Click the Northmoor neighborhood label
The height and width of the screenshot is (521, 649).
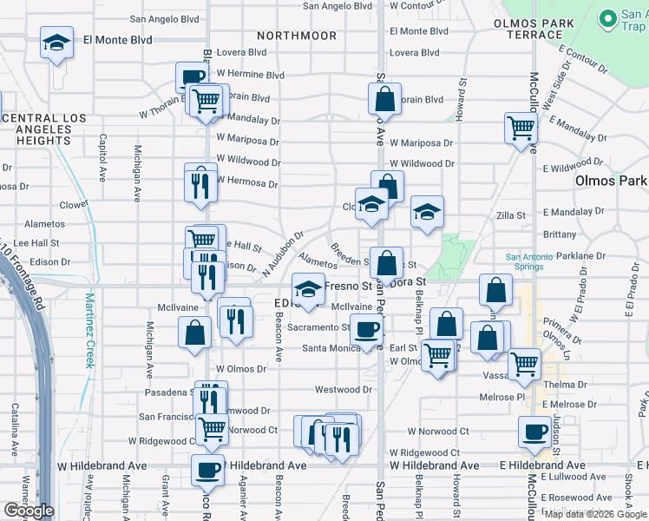tap(297, 36)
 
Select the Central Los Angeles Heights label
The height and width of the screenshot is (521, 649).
tap(36, 129)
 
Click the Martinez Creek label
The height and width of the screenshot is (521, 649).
tap(89, 330)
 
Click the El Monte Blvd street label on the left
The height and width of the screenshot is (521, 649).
tap(117, 40)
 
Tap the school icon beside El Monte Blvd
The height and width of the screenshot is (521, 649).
tap(56, 43)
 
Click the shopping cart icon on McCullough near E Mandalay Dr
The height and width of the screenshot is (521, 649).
tap(521, 129)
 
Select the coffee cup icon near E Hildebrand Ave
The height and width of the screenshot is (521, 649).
tap(535, 432)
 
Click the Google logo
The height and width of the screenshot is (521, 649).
tap(29, 511)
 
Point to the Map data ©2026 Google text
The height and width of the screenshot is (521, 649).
tap(595, 513)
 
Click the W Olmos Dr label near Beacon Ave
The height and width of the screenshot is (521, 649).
tap(241, 368)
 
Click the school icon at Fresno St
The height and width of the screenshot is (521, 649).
tap(307, 289)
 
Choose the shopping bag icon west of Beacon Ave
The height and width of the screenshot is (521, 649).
tap(194, 332)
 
